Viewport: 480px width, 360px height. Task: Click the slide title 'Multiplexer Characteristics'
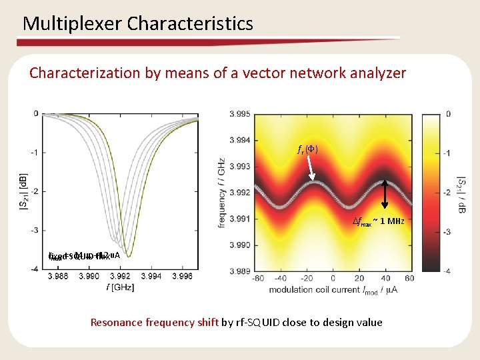138,24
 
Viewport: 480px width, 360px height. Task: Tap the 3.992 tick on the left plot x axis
120,275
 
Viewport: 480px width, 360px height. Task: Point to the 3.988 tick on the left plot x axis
58,275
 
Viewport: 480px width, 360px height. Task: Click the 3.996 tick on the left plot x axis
181,275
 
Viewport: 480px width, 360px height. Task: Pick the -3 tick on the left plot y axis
34,230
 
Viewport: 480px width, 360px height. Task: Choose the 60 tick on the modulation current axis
409,278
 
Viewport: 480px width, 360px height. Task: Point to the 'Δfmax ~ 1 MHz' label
378,221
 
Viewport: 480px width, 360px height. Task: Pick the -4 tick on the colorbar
447,271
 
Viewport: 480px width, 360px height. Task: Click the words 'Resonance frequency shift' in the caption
154,323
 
